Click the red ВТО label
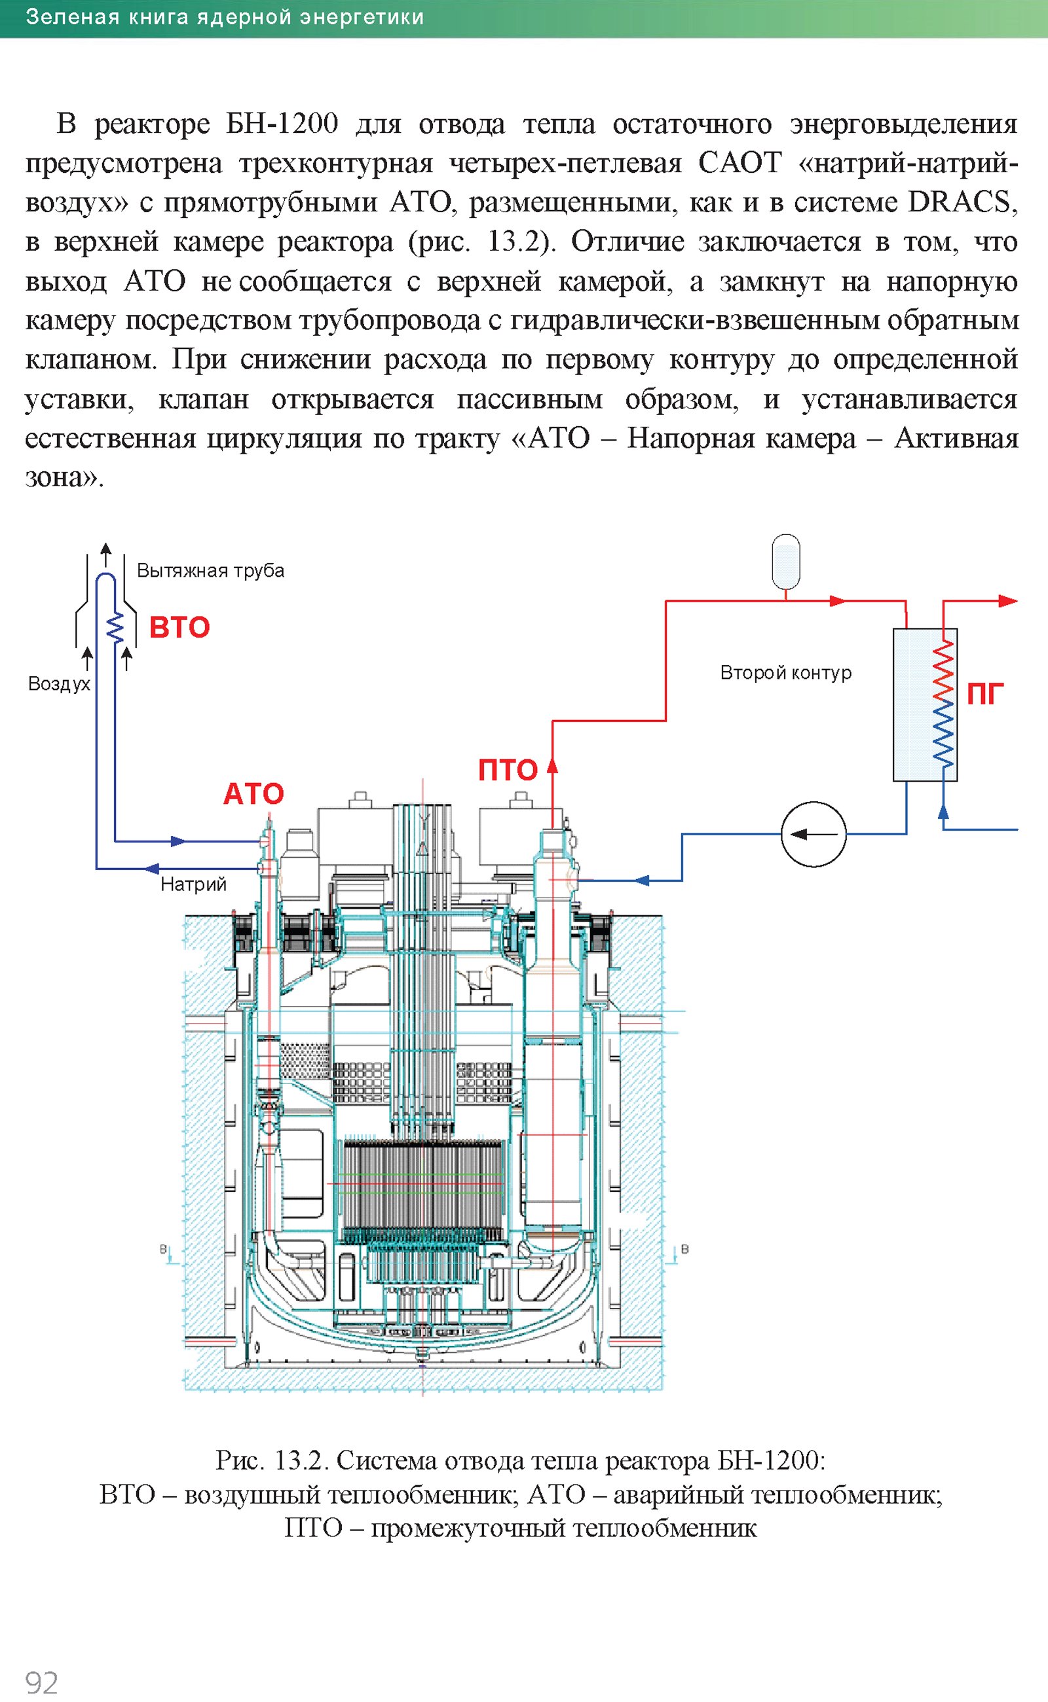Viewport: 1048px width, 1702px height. tap(179, 627)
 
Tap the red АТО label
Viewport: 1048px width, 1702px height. tap(253, 793)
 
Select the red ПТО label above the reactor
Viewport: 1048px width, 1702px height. tap(508, 770)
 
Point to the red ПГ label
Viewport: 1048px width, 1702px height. tap(985, 693)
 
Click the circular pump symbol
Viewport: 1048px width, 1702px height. tap(814, 834)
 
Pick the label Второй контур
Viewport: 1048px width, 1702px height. tap(786, 673)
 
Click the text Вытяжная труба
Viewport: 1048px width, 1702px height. tap(211, 571)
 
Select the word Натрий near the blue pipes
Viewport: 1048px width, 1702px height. tap(193, 884)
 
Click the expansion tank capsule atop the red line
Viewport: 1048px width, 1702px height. tap(786, 561)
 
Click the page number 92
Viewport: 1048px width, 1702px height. tap(41, 1682)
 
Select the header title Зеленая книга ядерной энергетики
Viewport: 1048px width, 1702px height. tap(225, 16)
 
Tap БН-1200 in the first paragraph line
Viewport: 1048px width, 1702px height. tap(282, 124)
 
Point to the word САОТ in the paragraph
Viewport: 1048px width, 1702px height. tap(739, 163)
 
